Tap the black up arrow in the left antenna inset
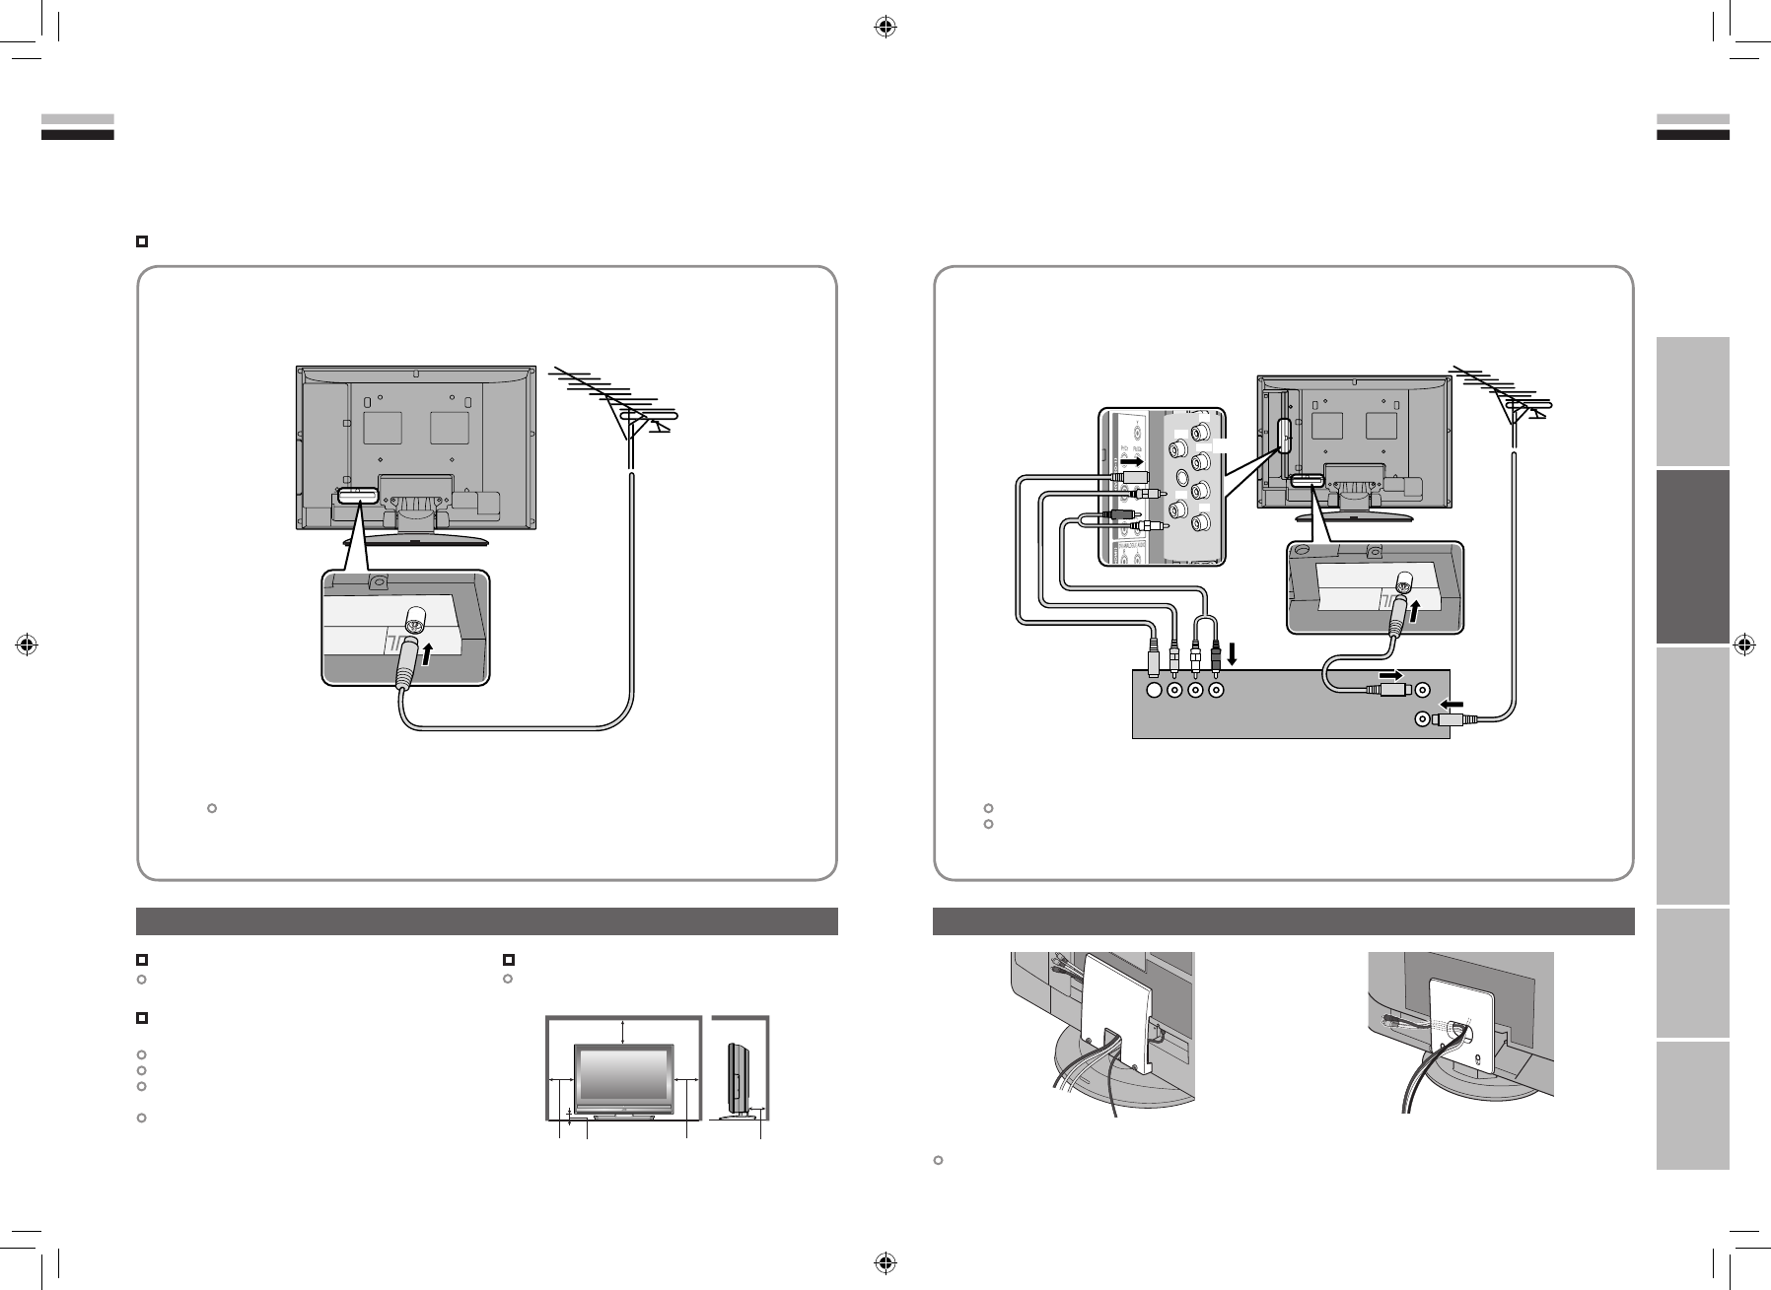point(427,652)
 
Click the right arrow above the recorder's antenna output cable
point(1391,675)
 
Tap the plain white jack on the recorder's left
point(1155,691)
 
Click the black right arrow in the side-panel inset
point(1132,460)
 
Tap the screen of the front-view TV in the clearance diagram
point(624,1079)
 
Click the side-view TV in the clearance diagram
point(736,1078)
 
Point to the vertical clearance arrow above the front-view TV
point(624,1030)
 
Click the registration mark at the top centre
point(885,28)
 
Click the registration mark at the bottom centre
point(885,1262)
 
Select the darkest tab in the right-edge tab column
point(1693,557)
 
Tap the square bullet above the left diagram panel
point(142,240)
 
